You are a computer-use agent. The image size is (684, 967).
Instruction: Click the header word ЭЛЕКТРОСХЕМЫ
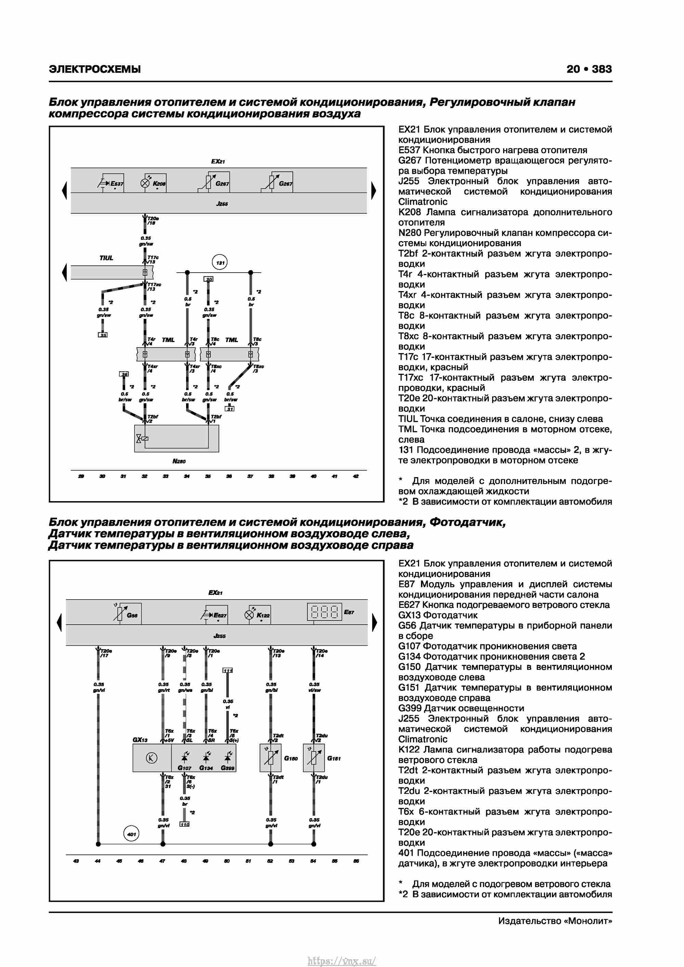click(x=95, y=69)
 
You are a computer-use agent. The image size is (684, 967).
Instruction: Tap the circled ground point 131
click(x=220, y=263)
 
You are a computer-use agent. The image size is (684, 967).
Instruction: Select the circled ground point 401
click(x=131, y=834)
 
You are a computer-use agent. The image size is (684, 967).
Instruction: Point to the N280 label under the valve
click(x=179, y=461)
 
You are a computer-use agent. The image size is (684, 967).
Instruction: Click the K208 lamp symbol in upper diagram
click(x=145, y=183)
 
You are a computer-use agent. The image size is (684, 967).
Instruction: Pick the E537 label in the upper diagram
click(x=117, y=184)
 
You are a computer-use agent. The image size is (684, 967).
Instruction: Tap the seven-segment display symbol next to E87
click(x=324, y=612)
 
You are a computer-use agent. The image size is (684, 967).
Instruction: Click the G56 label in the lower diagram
click(x=132, y=615)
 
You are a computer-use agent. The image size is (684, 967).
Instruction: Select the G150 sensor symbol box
click(x=271, y=758)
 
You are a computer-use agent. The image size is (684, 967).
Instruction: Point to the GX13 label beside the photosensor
click(x=140, y=740)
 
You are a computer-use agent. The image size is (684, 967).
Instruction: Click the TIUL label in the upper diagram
click(x=106, y=258)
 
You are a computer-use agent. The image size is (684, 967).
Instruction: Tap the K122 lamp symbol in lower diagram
click(x=249, y=615)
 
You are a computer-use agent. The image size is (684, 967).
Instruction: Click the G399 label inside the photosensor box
click(x=227, y=768)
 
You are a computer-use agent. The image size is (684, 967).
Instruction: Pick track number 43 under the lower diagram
click(x=76, y=861)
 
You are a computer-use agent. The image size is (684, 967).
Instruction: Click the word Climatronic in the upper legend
click(x=422, y=202)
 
